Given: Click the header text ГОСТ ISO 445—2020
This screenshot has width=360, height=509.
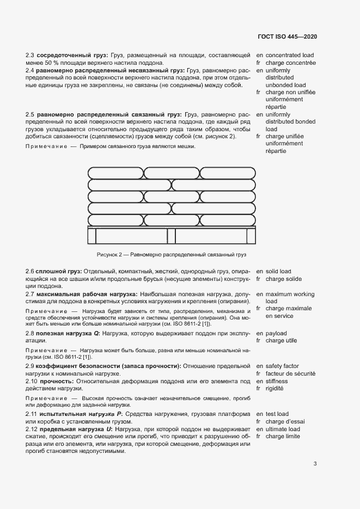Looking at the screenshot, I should click(x=287, y=36).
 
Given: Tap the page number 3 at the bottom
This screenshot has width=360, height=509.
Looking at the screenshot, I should click(x=315, y=464).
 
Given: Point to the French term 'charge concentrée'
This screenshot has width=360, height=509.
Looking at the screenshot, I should click(x=290, y=63).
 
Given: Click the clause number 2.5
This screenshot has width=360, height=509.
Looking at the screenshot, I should click(x=30, y=115).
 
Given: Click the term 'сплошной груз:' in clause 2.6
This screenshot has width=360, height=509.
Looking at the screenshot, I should click(x=59, y=271).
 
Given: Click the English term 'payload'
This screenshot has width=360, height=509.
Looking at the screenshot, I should click(x=276, y=333).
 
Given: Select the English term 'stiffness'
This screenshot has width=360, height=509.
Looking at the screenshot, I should click(x=277, y=382).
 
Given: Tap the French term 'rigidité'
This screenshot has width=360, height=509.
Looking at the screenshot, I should click(x=276, y=389).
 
